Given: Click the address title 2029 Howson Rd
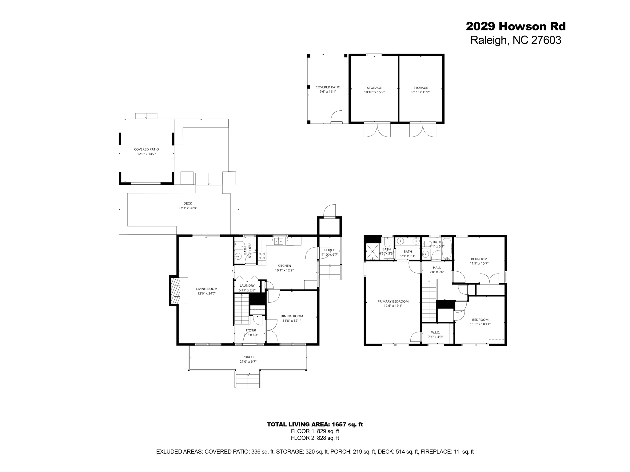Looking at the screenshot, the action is pos(516,26).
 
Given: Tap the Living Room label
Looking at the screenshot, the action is pos(207,289).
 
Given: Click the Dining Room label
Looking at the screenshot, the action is pos(292,316).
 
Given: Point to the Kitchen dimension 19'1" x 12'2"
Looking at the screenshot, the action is pos(284,270).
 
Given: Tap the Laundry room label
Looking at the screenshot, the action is pos(247,285).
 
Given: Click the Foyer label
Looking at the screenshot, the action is pos(251,330).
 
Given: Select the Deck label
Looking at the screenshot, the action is pos(188,203).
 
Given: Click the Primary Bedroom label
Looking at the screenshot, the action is pos(393,301).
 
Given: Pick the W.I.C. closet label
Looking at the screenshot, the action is pos(435,332).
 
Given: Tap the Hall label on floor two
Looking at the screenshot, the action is pos(437,268).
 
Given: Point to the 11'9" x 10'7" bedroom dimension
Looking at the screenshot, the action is pos(479,263).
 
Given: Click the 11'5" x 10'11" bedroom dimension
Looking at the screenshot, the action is pos(480,324).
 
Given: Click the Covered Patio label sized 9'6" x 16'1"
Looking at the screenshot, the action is pos(328,87).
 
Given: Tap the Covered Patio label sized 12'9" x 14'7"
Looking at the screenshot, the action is pos(146,149).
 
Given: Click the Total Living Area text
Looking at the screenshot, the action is pos(315,424).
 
